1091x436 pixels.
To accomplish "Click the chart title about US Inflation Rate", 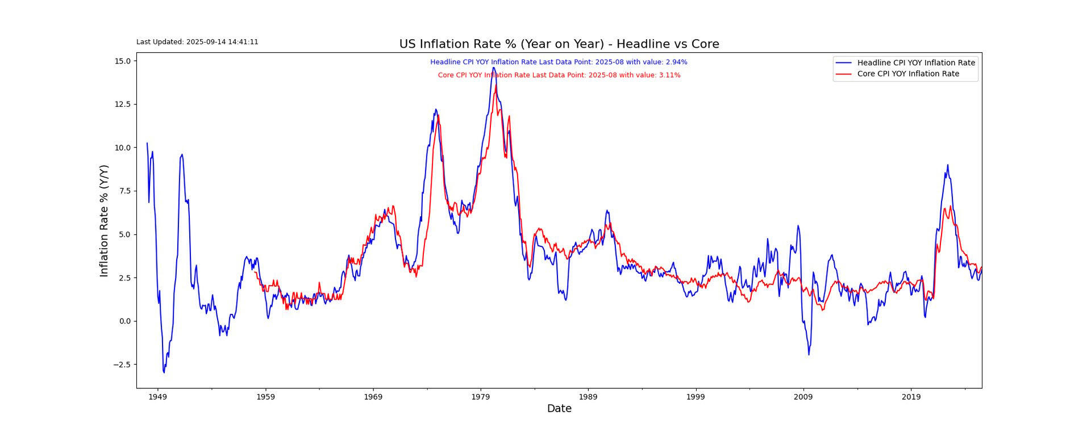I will click(559, 44).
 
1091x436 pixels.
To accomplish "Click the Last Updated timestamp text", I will click(197, 42).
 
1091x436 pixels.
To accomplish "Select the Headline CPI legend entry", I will click(915, 63).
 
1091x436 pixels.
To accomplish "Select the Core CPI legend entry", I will click(907, 74).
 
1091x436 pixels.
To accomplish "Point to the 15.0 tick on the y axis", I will click(123, 61).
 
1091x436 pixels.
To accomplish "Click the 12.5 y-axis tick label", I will click(123, 104).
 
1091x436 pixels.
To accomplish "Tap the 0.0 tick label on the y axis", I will click(125, 321).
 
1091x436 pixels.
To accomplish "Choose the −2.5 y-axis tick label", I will click(122, 365).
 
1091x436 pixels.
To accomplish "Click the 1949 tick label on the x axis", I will click(157, 397).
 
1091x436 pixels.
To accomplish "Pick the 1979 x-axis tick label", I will click(481, 397).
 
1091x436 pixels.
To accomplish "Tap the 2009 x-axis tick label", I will click(803, 397).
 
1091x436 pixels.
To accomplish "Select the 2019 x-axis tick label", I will click(911, 397).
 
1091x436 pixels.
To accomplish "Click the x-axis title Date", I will click(559, 409).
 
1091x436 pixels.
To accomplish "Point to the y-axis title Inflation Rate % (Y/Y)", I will click(104, 221).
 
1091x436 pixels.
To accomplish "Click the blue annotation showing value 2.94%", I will click(559, 62).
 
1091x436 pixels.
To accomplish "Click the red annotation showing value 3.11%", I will click(559, 76).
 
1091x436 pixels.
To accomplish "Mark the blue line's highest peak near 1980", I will click(493, 68).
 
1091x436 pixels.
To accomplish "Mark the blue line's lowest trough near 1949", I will click(164, 372).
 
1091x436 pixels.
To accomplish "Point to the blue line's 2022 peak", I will click(947, 165).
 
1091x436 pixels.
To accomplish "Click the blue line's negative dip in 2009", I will click(809, 355).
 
